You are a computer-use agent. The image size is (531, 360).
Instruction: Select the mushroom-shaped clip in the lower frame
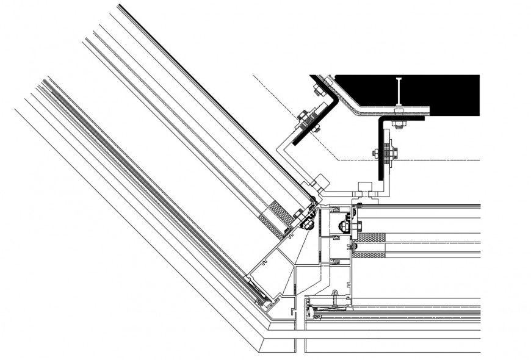coord(335,297)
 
